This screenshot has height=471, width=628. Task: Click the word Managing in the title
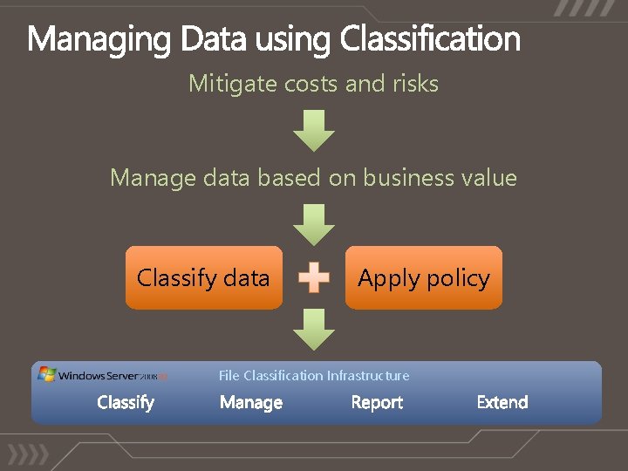click(100, 39)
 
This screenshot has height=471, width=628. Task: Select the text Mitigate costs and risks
click(313, 84)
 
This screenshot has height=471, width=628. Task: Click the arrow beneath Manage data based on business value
click(313, 223)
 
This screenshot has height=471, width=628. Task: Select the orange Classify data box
click(203, 278)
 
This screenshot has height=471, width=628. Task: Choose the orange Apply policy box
click(424, 278)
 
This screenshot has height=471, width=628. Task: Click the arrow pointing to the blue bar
click(313, 330)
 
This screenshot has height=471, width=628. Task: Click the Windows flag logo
click(46, 374)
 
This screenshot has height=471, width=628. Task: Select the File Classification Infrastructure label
click(313, 376)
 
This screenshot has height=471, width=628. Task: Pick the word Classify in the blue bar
click(126, 402)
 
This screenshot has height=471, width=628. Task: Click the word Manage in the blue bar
click(251, 402)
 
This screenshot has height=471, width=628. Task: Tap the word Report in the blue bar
click(377, 402)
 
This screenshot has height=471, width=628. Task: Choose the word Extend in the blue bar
click(502, 402)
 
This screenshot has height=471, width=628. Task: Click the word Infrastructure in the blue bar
click(367, 376)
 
